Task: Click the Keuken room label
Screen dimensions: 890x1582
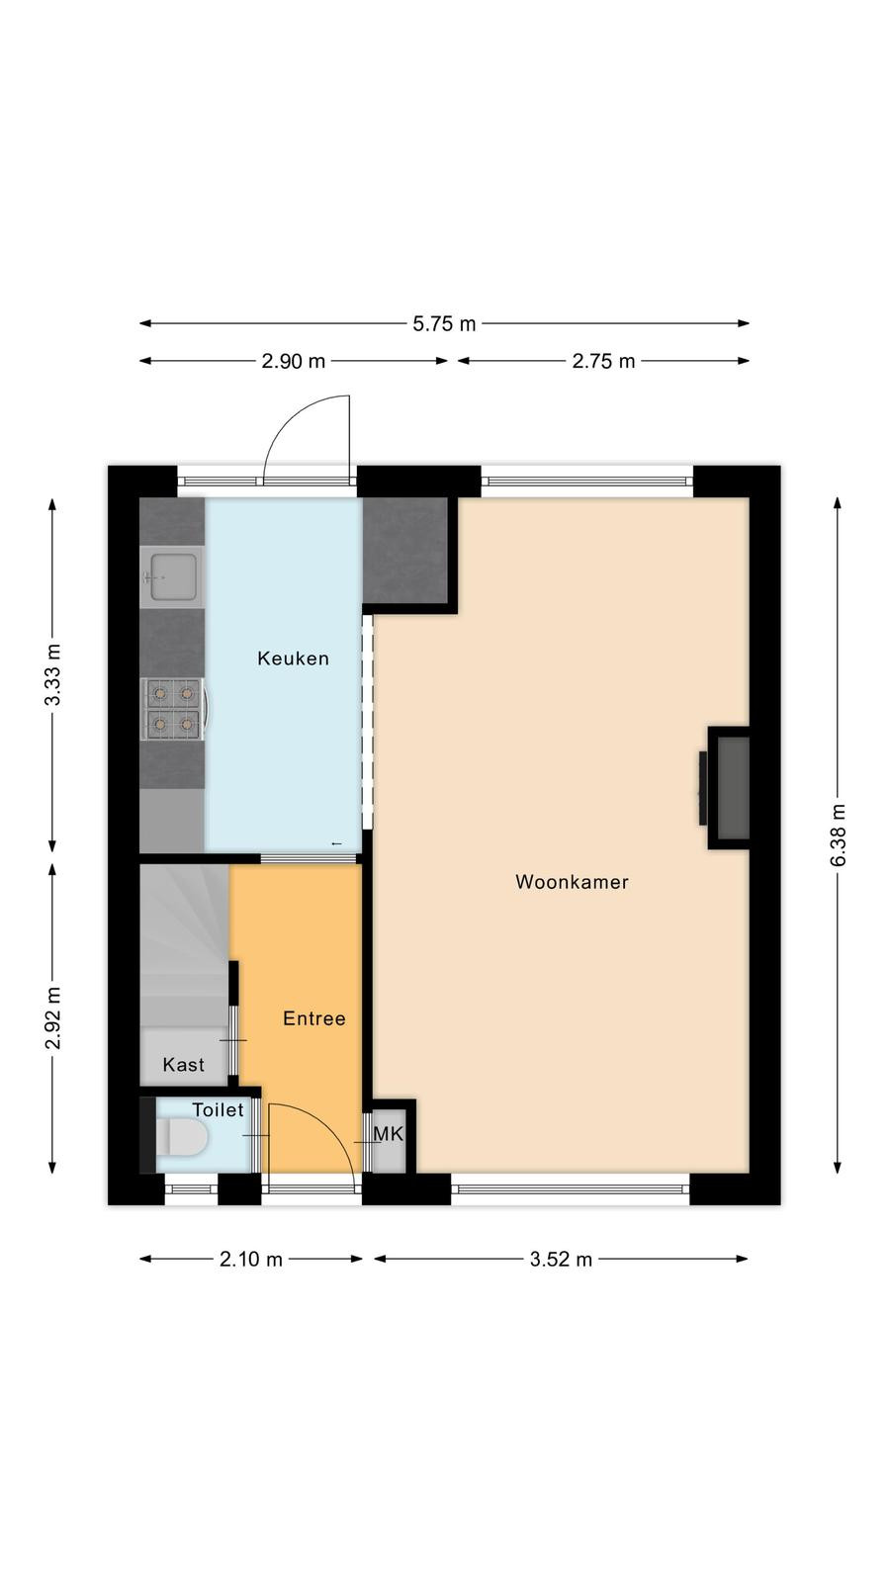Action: (x=293, y=659)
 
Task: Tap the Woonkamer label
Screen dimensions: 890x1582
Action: (x=573, y=881)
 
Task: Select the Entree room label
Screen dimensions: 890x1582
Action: (x=314, y=1017)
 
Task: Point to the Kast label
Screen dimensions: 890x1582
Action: (x=184, y=1064)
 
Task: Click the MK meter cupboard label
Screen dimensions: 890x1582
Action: (x=388, y=1133)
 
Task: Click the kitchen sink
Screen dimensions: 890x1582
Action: (x=172, y=577)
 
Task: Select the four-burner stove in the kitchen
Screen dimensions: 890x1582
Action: (x=174, y=709)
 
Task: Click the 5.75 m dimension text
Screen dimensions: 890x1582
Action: (x=444, y=324)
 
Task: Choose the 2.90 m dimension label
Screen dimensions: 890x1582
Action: (x=293, y=362)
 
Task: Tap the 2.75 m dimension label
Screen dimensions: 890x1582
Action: (x=603, y=362)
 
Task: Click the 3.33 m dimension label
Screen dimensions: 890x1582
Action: (x=53, y=674)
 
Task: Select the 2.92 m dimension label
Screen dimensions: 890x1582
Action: (x=53, y=1017)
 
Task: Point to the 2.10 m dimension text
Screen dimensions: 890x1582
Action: (x=251, y=1260)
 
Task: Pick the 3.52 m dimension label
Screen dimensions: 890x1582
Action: (x=561, y=1260)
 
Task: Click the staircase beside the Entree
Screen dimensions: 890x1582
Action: (x=185, y=946)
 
